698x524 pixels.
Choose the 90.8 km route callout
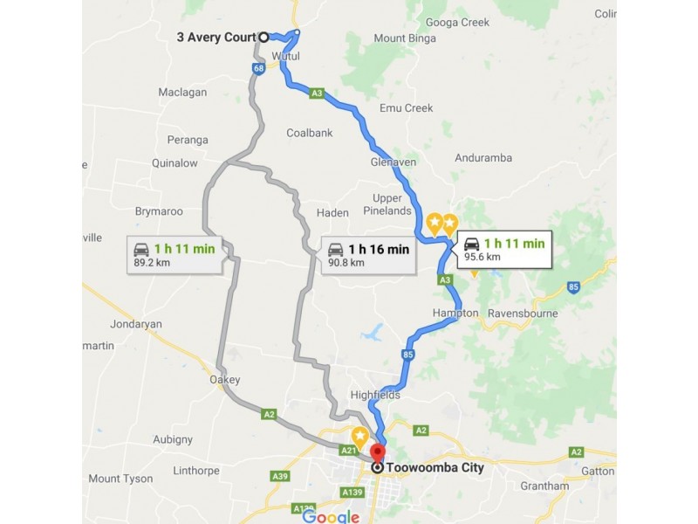pyautogui.click(x=367, y=255)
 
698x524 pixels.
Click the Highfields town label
pyautogui.click(x=375, y=395)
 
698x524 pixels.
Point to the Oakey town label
pyautogui.click(x=225, y=380)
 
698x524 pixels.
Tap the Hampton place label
pyautogui.click(x=455, y=313)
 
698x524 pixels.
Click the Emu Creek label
pyautogui.click(x=407, y=108)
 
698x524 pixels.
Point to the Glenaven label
pyautogui.click(x=393, y=162)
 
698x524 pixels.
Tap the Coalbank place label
pyautogui.click(x=310, y=133)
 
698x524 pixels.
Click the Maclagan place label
pyautogui.click(x=182, y=92)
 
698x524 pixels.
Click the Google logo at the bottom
pyautogui.click(x=331, y=516)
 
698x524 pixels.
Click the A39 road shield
pyautogui.click(x=280, y=476)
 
